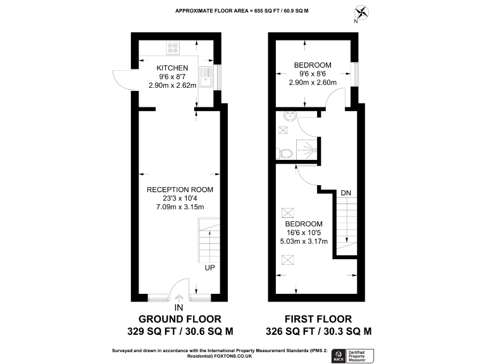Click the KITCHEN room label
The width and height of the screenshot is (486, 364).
point(172,68)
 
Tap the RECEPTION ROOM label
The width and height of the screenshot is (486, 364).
point(180,190)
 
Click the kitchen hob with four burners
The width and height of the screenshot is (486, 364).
point(174,47)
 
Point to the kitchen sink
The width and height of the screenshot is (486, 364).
point(207,78)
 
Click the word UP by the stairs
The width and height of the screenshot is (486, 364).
point(209,268)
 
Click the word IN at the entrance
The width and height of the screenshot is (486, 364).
point(179,308)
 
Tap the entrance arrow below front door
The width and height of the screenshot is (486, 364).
point(179,298)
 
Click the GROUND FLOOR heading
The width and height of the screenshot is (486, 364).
point(180,319)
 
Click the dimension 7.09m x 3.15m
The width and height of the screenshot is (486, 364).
point(180,207)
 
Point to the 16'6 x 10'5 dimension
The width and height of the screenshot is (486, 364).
point(304,233)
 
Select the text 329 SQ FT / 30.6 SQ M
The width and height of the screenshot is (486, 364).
point(180,331)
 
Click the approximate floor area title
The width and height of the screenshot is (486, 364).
point(243,11)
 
